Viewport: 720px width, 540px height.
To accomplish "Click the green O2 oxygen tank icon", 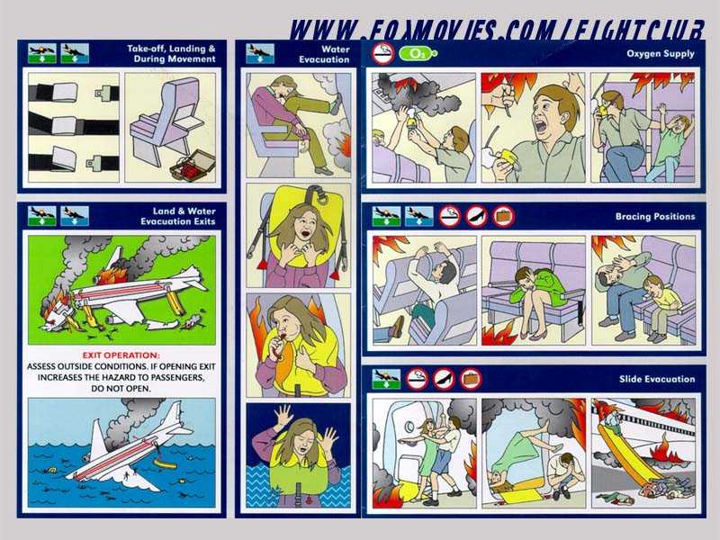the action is [x=418, y=54].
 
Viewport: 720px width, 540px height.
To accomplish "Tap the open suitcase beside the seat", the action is [x=193, y=165].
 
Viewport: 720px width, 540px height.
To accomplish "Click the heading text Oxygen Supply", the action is [x=661, y=54].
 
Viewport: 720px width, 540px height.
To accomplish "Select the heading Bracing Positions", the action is [x=655, y=216].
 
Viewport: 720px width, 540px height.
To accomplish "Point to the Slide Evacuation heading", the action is [x=657, y=379].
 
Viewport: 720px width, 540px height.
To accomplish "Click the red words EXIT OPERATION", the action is [x=121, y=355].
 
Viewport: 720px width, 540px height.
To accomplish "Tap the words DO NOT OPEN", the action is [x=121, y=389].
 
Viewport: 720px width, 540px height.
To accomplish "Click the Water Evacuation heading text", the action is [x=324, y=54].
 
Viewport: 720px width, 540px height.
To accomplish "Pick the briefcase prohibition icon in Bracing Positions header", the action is [x=504, y=216].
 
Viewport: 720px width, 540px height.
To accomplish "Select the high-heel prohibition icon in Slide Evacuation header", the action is [x=444, y=379].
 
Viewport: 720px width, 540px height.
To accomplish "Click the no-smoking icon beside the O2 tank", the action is [x=383, y=53].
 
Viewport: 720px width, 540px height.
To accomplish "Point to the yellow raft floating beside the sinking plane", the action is [x=166, y=464].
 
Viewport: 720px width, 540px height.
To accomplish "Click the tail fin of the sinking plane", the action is [x=98, y=436].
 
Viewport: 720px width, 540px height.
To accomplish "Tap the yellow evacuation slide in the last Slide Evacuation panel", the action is [x=624, y=454].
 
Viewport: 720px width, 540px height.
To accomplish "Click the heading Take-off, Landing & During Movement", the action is [x=171, y=54].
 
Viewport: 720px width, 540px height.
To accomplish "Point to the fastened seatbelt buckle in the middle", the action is [x=64, y=125].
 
